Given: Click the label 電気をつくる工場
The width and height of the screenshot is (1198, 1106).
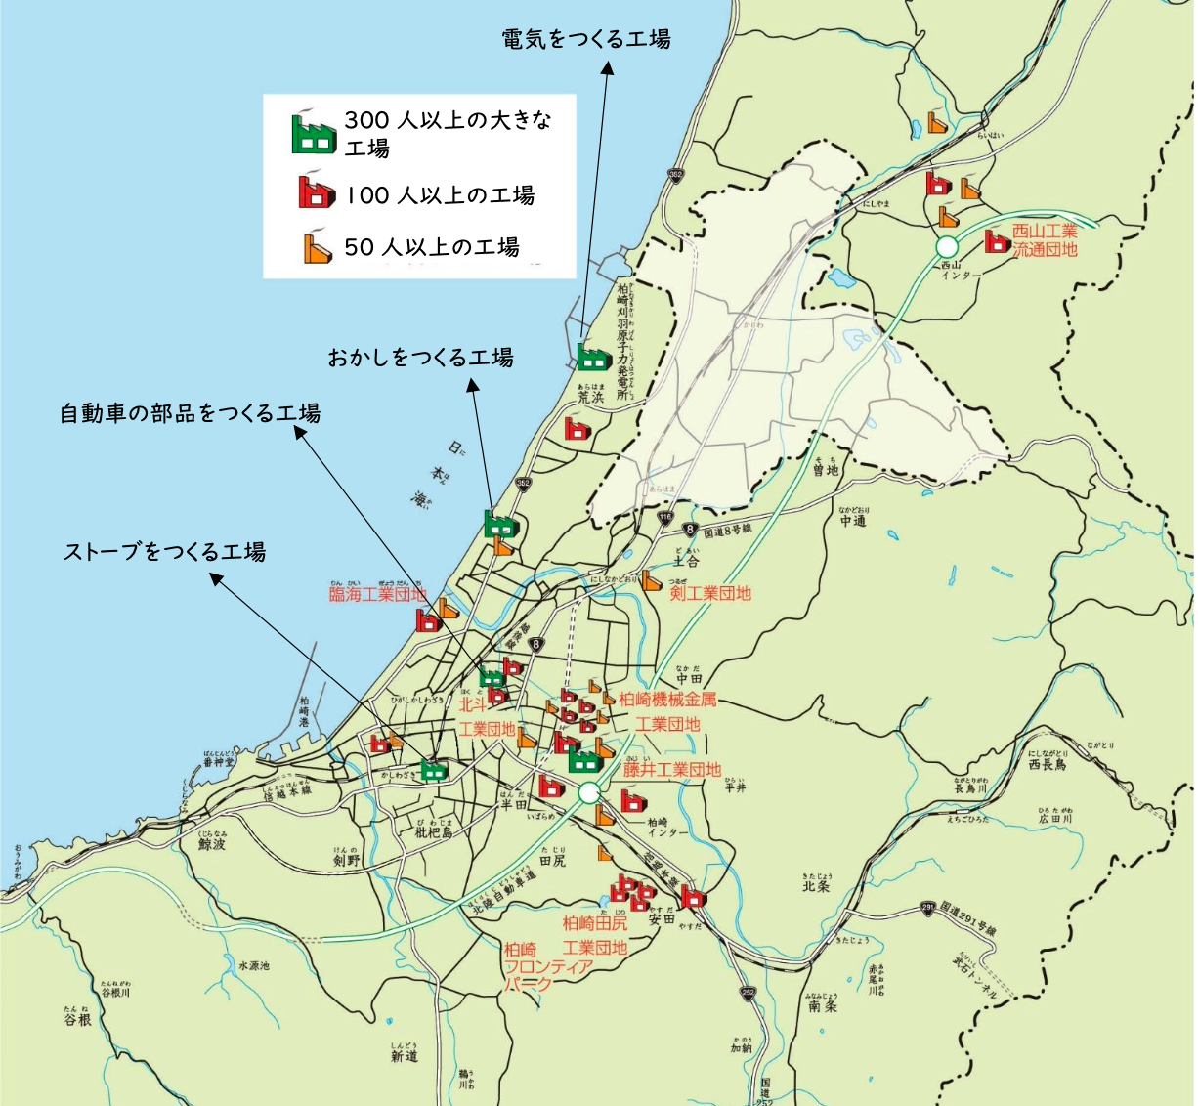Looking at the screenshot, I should (x=586, y=40).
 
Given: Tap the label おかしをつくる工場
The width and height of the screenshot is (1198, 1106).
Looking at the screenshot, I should (x=420, y=358).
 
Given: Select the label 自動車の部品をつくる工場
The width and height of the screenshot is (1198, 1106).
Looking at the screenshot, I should (x=190, y=413).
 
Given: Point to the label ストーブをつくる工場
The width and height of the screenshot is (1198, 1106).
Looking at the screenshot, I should (x=164, y=552).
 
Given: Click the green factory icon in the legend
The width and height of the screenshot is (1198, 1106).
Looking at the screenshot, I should (x=314, y=134).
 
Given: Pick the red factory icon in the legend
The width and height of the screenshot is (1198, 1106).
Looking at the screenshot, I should (x=316, y=192).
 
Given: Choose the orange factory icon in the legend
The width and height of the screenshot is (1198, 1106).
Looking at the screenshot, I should (x=317, y=248).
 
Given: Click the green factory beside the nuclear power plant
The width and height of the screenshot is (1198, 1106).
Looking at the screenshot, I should (x=593, y=357).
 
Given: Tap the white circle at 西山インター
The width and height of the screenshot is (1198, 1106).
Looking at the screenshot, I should (x=947, y=246).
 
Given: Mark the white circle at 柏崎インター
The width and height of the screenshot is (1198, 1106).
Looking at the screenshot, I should (x=588, y=793).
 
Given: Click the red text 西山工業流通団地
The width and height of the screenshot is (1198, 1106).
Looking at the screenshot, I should (x=1045, y=240).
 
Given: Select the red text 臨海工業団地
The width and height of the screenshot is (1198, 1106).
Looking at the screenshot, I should (x=377, y=594).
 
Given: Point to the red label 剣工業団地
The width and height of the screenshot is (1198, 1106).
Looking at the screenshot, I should (x=710, y=593).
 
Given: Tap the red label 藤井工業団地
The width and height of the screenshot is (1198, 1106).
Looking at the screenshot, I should (x=672, y=770).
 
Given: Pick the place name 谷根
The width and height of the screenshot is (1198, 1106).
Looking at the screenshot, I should (x=78, y=1019).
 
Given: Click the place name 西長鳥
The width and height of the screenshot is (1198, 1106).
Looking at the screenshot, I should (x=1048, y=765).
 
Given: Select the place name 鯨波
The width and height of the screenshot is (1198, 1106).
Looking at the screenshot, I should (x=212, y=843).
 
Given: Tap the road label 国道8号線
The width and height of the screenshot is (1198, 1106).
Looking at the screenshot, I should (x=728, y=531).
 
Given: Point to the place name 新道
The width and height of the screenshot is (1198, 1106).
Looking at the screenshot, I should (x=405, y=1056).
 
